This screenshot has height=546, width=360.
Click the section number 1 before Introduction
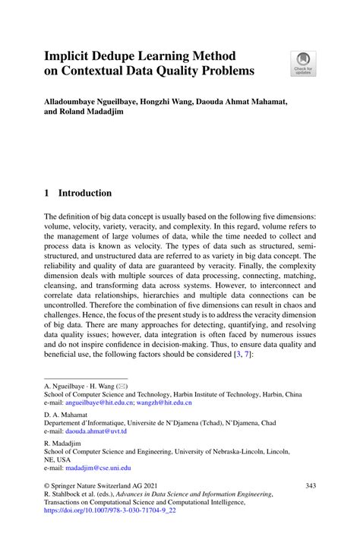point(47,193)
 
